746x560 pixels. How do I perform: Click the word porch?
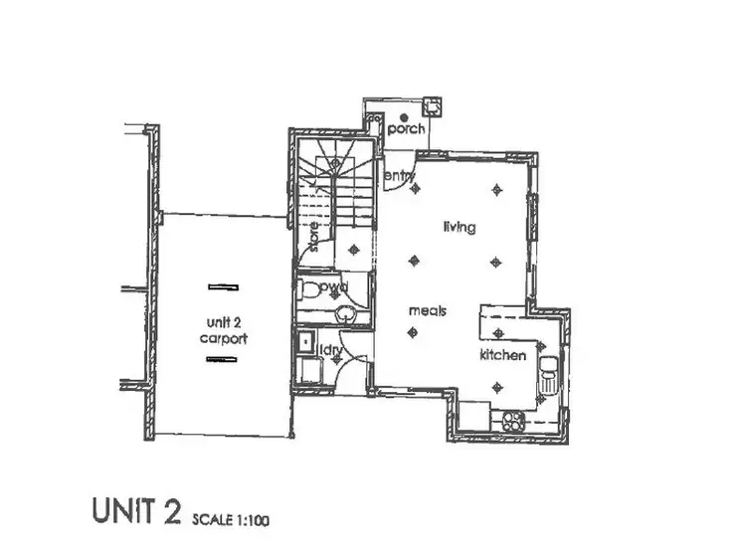406,129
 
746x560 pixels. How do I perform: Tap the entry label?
399,177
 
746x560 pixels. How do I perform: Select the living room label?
459,227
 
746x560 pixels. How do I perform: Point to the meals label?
427,310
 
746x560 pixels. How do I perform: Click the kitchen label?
502,355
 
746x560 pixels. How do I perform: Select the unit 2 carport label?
222,330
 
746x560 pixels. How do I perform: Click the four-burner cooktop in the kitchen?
512,420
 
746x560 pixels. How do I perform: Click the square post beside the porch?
433,104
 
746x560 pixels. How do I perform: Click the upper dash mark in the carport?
223,286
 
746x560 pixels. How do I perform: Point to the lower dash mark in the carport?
223,358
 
